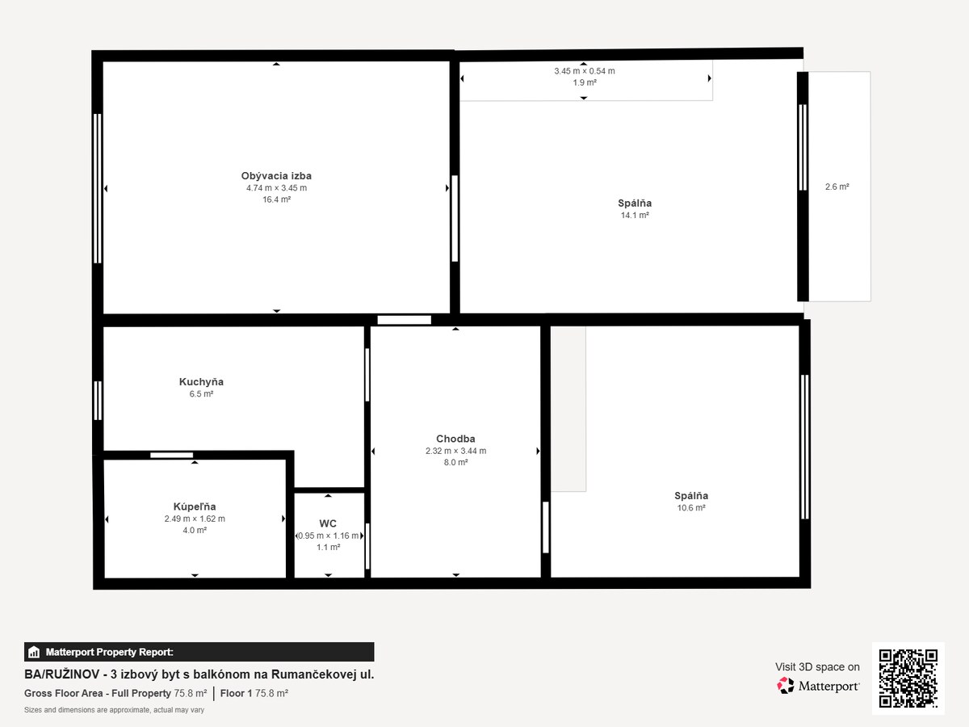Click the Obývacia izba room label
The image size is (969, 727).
(276, 175)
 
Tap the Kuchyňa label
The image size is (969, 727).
(201, 382)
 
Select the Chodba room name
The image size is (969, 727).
(455, 439)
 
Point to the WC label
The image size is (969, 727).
(328, 523)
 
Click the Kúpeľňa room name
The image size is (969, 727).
(195, 506)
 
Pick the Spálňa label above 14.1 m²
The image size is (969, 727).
(635, 203)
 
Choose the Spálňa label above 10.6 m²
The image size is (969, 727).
(691, 496)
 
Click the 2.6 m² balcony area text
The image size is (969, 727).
(837, 187)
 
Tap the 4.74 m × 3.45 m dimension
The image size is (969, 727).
(276, 187)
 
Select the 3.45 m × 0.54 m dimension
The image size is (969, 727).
(585, 70)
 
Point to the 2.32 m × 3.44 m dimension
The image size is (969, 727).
(455, 451)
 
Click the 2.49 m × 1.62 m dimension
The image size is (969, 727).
(195, 519)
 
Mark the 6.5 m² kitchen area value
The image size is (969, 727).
(201, 393)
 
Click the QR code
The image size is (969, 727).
(908, 679)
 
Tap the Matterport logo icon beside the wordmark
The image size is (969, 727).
(786, 686)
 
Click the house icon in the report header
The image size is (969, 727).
(34, 652)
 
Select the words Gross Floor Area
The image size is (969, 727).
(63, 693)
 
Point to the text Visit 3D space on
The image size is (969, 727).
(817, 667)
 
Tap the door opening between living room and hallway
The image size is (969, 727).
(404, 320)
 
